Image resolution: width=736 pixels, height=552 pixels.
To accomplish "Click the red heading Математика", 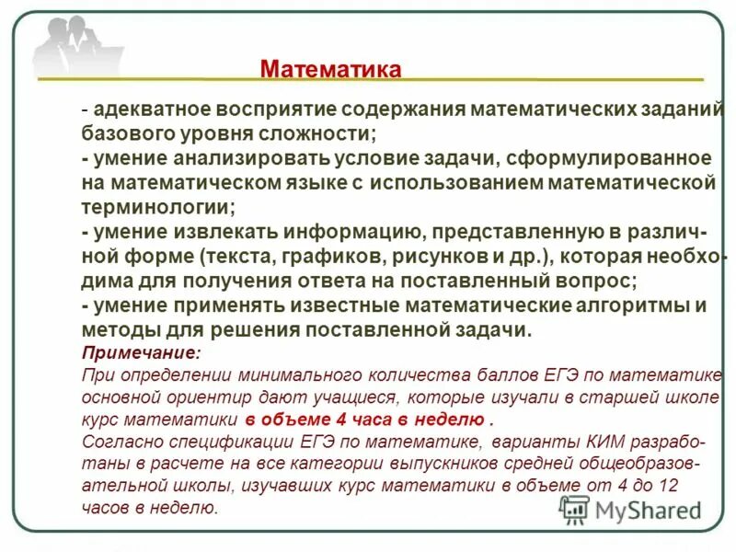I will tap(330, 70).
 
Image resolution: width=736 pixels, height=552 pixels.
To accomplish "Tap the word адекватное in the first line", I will tap(141, 110).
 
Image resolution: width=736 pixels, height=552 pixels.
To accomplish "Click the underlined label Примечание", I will tap(140, 353).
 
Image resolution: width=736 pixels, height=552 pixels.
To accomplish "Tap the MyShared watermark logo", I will tap(631, 511).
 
